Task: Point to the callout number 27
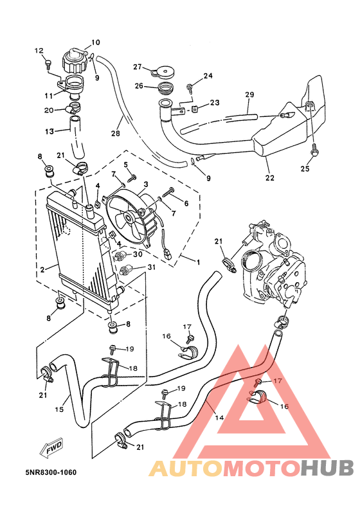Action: tap(137, 67)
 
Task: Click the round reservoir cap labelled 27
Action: tap(168, 71)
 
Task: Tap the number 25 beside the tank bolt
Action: tap(305, 169)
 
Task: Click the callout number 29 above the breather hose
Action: tap(250, 94)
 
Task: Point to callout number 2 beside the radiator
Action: tap(43, 270)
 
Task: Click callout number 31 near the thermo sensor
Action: tap(152, 267)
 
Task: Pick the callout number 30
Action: tap(138, 254)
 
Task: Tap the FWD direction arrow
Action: tap(53, 450)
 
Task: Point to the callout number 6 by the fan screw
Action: tap(186, 204)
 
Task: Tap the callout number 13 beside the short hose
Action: tap(50, 132)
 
